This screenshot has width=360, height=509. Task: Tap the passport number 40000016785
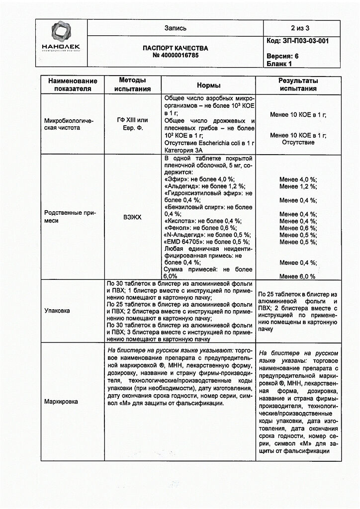click(176, 56)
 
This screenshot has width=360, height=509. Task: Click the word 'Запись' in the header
click(176, 28)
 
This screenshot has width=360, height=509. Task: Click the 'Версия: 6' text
click(282, 56)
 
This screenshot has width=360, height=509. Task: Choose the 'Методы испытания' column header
click(132, 85)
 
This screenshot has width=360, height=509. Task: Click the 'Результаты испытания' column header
click(298, 85)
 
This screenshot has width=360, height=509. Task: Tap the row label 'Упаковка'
click(57, 311)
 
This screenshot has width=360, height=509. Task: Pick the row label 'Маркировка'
click(61, 401)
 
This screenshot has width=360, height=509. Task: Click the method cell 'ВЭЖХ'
click(132, 217)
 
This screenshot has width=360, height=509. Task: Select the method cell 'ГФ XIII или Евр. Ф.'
click(132, 124)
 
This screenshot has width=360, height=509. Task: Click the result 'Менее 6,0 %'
click(297, 276)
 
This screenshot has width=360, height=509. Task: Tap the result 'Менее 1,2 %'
click(298, 186)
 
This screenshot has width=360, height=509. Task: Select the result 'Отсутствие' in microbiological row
click(298, 142)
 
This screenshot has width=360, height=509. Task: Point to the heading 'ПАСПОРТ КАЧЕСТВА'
click(176, 48)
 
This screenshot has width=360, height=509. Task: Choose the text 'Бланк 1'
click(279, 64)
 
